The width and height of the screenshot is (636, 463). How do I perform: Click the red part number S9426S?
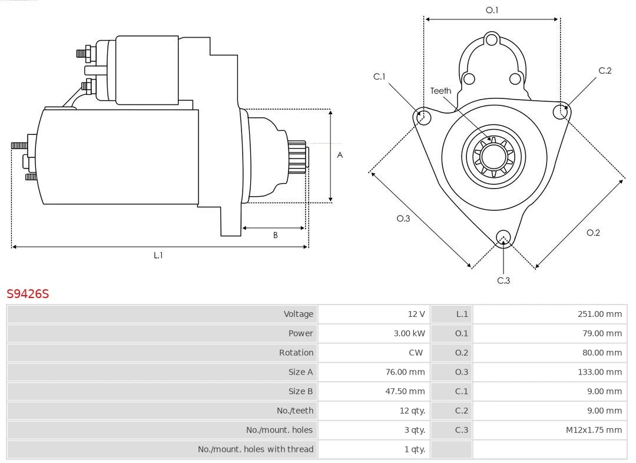click(28, 293)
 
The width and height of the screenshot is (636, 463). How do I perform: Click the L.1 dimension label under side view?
click(158, 255)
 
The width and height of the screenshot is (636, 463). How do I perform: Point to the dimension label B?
click(275, 235)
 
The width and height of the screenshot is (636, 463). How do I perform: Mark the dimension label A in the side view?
click(340, 155)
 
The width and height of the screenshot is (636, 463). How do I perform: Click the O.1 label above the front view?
click(492, 10)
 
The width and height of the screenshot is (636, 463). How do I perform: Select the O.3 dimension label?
click(403, 219)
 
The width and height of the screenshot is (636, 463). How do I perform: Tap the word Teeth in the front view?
click(440, 91)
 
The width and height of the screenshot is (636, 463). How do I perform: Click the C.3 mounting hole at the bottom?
click(503, 237)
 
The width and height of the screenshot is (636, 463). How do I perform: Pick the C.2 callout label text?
click(605, 71)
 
